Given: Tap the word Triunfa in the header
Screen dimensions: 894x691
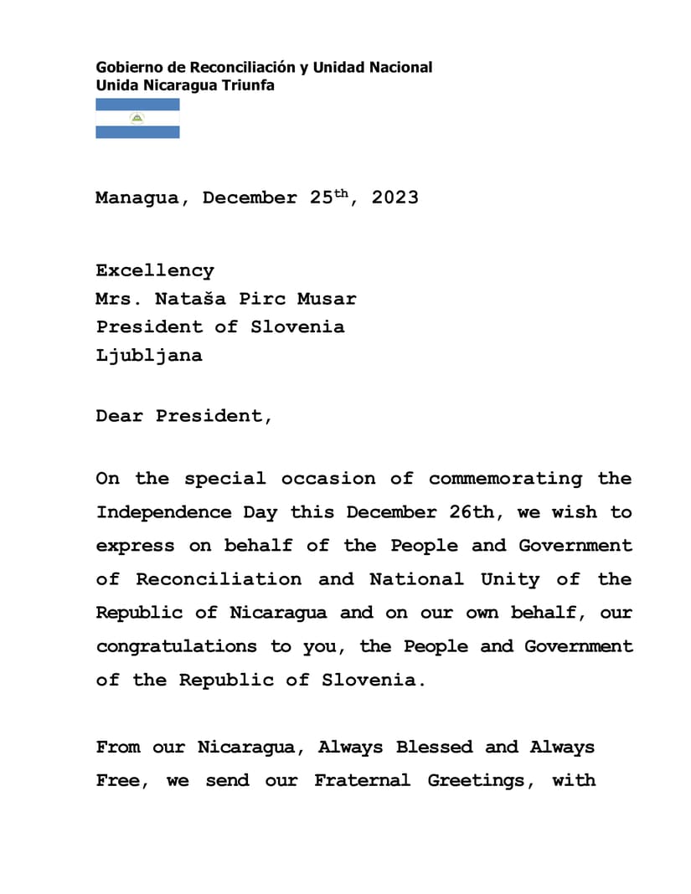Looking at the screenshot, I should (x=247, y=85).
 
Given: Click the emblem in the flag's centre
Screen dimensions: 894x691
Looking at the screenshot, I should (x=137, y=118).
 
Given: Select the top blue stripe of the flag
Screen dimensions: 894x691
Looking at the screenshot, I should (x=137, y=105).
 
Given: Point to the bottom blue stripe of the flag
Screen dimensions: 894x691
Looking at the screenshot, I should (x=137, y=131).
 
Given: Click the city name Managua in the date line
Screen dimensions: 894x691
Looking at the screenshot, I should (x=137, y=198).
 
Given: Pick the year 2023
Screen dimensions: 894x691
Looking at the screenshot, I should (x=395, y=198).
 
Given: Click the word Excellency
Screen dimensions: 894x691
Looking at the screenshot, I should (x=155, y=270).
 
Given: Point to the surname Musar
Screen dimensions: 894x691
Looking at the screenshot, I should (x=327, y=299).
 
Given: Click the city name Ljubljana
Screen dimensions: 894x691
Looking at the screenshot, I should (x=149, y=355).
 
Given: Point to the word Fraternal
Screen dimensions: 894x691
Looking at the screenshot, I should (x=362, y=780).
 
